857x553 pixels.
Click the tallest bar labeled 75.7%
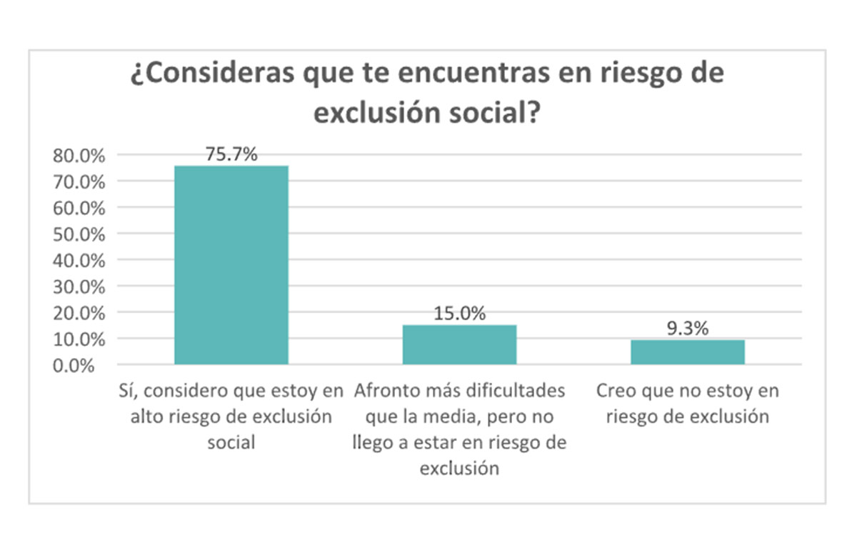click(x=231, y=265)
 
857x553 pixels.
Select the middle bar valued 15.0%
click(x=459, y=344)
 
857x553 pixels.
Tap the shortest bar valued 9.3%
click(x=688, y=352)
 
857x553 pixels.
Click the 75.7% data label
click(x=231, y=154)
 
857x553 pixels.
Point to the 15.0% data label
click(x=459, y=313)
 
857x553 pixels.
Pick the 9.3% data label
click(x=688, y=328)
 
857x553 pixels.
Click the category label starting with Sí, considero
click(x=231, y=417)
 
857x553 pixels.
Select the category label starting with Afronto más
click(x=459, y=429)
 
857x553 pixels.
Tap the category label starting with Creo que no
click(x=688, y=404)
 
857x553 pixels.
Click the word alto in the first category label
click(x=146, y=417)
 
